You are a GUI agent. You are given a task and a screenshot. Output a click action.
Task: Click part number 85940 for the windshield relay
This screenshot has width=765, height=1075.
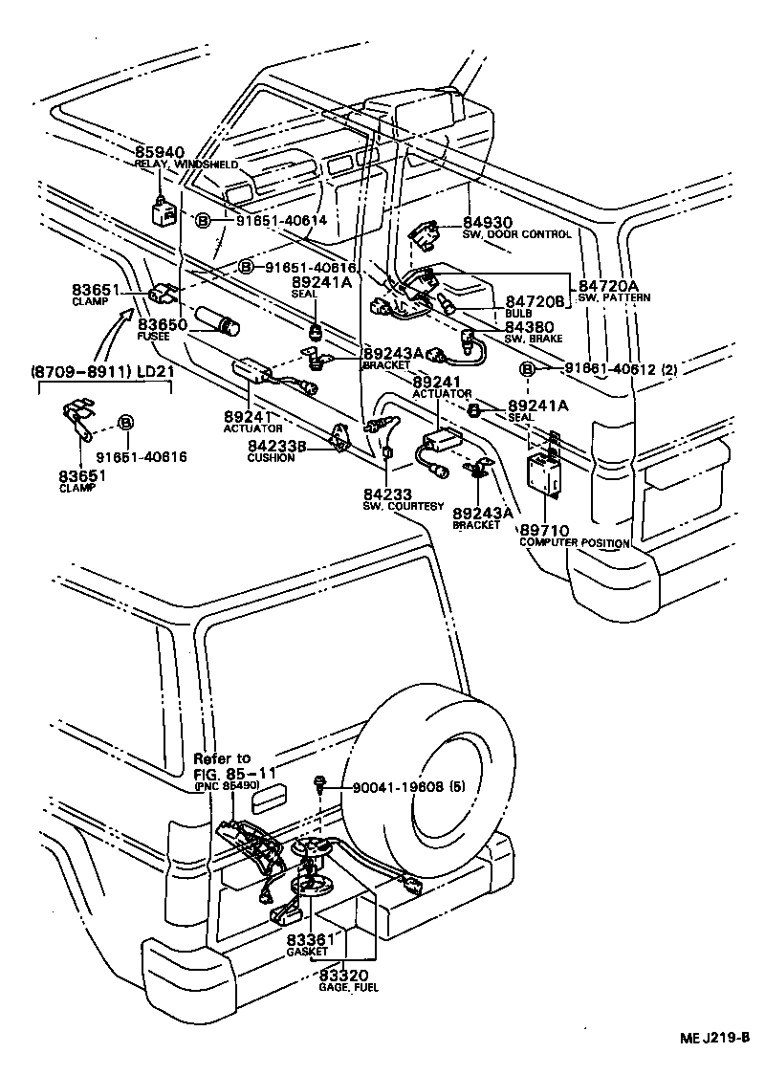pos(159,152)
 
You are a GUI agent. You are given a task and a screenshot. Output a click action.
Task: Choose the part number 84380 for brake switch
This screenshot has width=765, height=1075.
pos(529,326)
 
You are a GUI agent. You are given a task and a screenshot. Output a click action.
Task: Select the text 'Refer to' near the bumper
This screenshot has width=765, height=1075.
pos(222,758)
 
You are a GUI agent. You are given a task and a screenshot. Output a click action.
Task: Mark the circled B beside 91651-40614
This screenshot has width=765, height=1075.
pos(203,221)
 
